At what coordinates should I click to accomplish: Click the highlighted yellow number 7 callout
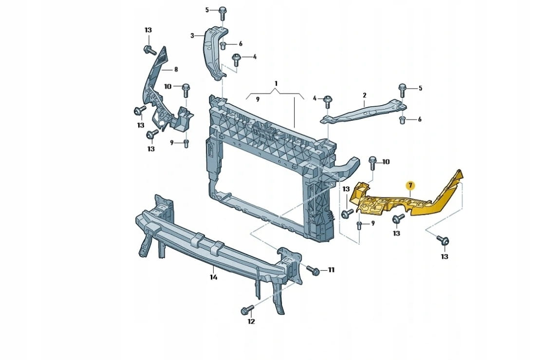tap(411, 186)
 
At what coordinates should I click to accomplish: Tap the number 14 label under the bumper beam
tap(213, 277)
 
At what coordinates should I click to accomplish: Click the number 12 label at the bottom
tap(251, 322)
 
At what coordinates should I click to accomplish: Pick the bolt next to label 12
tap(247, 310)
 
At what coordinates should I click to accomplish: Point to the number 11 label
tap(331, 269)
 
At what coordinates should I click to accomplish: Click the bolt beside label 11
tap(313, 270)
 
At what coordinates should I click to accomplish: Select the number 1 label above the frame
tap(276, 83)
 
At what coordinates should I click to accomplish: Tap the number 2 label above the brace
tap(364, 95)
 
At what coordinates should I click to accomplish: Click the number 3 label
tap(192, 36)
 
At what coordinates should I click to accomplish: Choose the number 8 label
tap(176, 69)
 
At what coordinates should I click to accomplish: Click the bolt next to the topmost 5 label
tap(223, 13)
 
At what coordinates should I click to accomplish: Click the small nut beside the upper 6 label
tap(224, 45)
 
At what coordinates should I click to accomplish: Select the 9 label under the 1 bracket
tap(258, 100)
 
